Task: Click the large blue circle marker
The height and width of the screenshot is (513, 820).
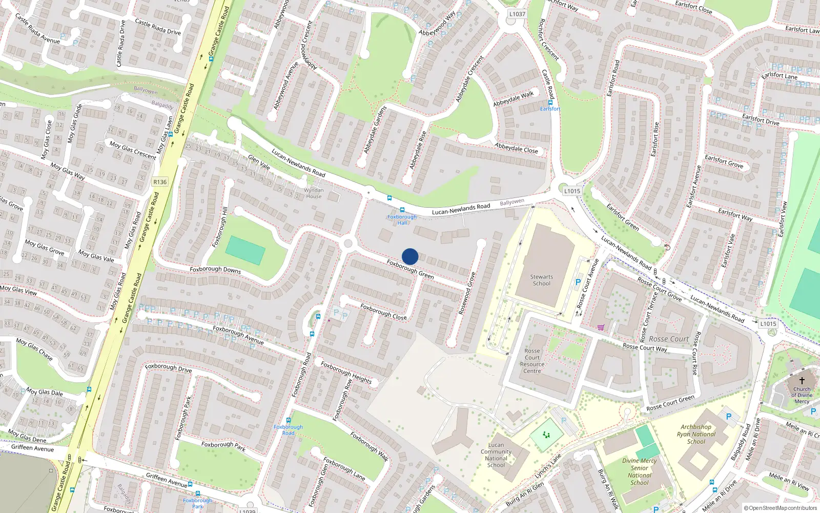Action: coord(410,256)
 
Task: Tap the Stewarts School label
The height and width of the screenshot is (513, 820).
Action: coord(541,280)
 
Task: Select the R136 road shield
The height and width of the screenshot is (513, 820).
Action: coord(160,182)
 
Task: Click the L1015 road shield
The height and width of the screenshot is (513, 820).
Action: coord(572,191)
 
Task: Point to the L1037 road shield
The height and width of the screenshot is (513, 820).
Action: coord(517,14)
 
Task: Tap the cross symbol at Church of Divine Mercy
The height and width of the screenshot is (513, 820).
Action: coord(802,380)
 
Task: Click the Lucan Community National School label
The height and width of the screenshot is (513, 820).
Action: coord(496,455)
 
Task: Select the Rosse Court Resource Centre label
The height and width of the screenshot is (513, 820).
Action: coord(532,361)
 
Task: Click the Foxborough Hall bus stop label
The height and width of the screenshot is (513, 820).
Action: coord(402,220)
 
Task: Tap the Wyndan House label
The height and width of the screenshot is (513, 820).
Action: coord(314,193)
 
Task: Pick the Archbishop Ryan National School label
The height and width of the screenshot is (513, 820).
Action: coord(696,434)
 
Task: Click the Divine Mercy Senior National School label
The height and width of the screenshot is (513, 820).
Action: coord(639,471)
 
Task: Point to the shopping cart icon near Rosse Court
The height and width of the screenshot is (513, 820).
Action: coord(601,327)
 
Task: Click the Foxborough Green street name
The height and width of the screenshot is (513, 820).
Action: coord(410,269)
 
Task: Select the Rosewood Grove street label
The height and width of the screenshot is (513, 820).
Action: coord(467,293)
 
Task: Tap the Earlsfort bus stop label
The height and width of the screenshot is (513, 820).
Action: coord(550,109)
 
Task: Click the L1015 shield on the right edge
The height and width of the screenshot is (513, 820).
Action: coord(768,324)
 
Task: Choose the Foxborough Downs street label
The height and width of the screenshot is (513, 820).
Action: coord(215,269)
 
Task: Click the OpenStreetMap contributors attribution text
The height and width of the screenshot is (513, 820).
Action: coord(783,508)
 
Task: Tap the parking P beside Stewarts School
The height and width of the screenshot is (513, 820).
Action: coord(578,282)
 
